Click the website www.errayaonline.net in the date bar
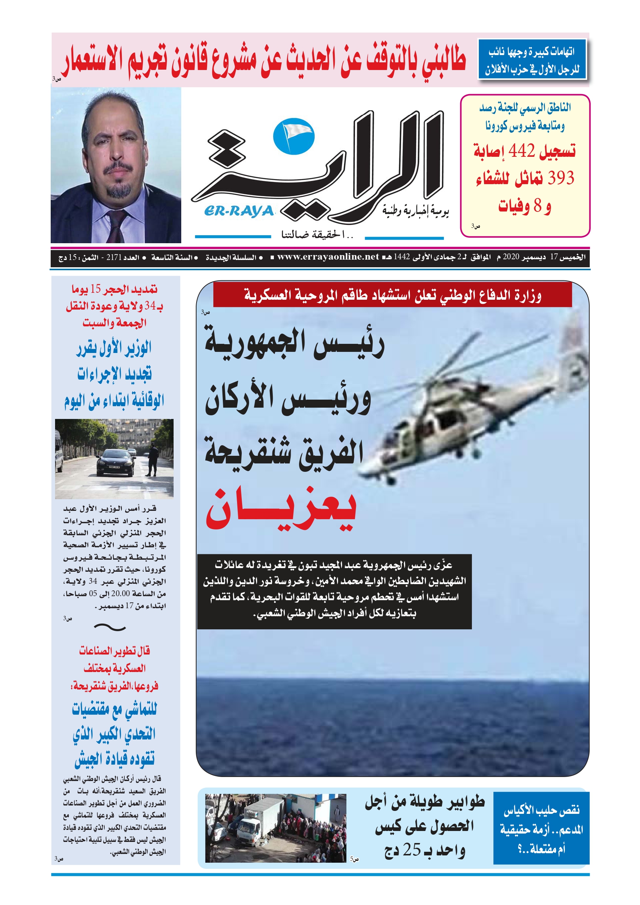pos(328,257)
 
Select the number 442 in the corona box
pos(521,151)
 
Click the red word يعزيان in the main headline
pos(281,510)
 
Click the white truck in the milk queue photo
pos(252,820)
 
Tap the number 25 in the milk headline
pos(411,850)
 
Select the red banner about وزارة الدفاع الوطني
pos(392,295)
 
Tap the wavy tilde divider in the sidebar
pos(110,627)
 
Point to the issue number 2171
pos(115,257)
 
